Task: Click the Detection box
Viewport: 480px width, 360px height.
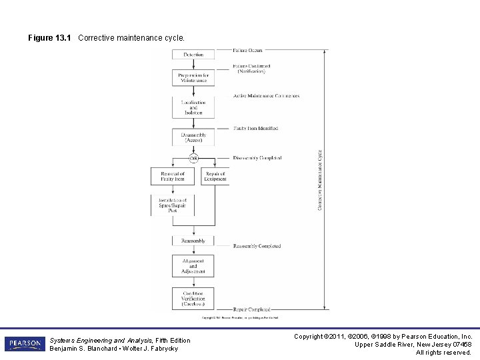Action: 193,54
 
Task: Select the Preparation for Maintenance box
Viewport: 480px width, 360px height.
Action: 193,78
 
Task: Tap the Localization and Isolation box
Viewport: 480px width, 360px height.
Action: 193,107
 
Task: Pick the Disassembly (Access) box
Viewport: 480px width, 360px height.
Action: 193,137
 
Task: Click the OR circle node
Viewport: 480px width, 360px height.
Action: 193,158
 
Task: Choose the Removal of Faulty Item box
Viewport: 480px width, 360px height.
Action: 173,176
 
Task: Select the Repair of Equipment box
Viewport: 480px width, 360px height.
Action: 215,176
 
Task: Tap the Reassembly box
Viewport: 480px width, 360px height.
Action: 193,241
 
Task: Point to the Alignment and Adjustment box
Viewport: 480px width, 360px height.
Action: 193,266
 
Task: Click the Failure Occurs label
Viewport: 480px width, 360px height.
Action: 247,50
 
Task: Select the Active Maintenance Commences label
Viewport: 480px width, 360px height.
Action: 266,96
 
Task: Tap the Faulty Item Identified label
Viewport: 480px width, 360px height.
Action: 256,128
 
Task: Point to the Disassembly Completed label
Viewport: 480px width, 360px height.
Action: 257,158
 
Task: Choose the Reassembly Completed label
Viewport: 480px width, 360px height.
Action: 257,246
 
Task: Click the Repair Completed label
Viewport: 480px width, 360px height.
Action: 251,309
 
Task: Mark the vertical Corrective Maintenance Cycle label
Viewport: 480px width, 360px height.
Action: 319,180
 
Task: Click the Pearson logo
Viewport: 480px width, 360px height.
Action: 25,343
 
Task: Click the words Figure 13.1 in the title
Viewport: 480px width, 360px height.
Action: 49,38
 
